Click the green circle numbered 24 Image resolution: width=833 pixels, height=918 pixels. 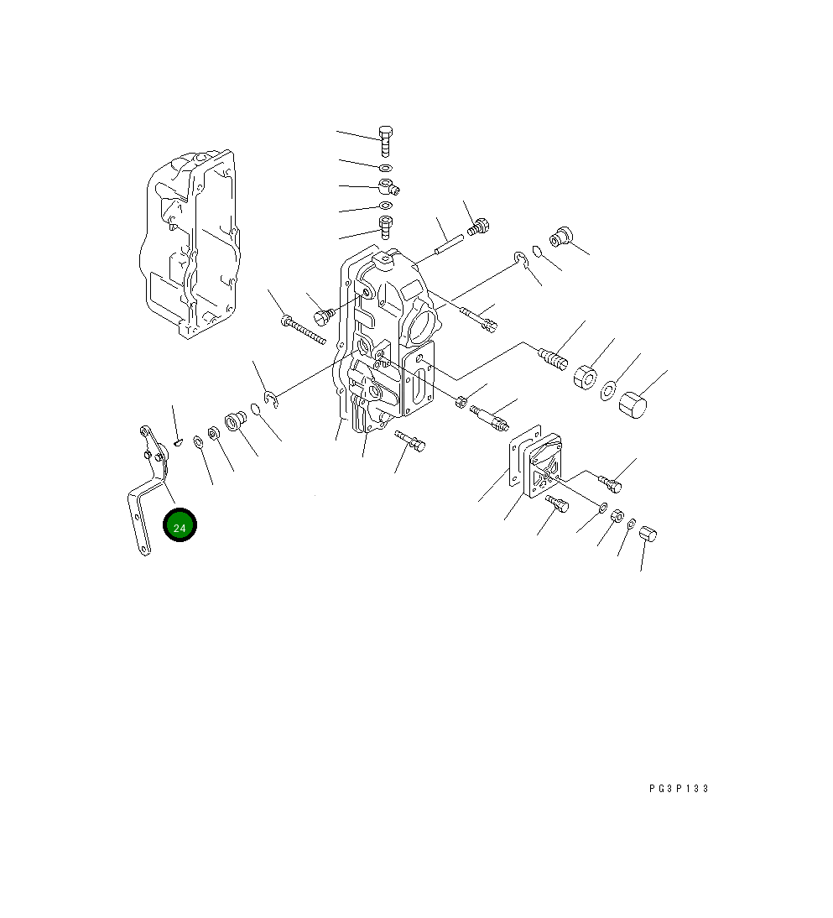coord(180,525)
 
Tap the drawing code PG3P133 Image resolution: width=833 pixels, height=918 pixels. coord(679,789)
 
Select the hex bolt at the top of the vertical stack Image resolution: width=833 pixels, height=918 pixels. coord(385,141)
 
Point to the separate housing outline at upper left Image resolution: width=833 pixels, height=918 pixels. coord(190,244)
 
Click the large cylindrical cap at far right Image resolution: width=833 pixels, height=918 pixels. coord(633,405)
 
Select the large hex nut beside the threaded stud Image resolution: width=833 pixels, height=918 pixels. coord(585,376)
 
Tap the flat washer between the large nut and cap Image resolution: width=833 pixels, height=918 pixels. coord(609,390)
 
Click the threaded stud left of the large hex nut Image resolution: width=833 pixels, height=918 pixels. coord(553,357)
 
